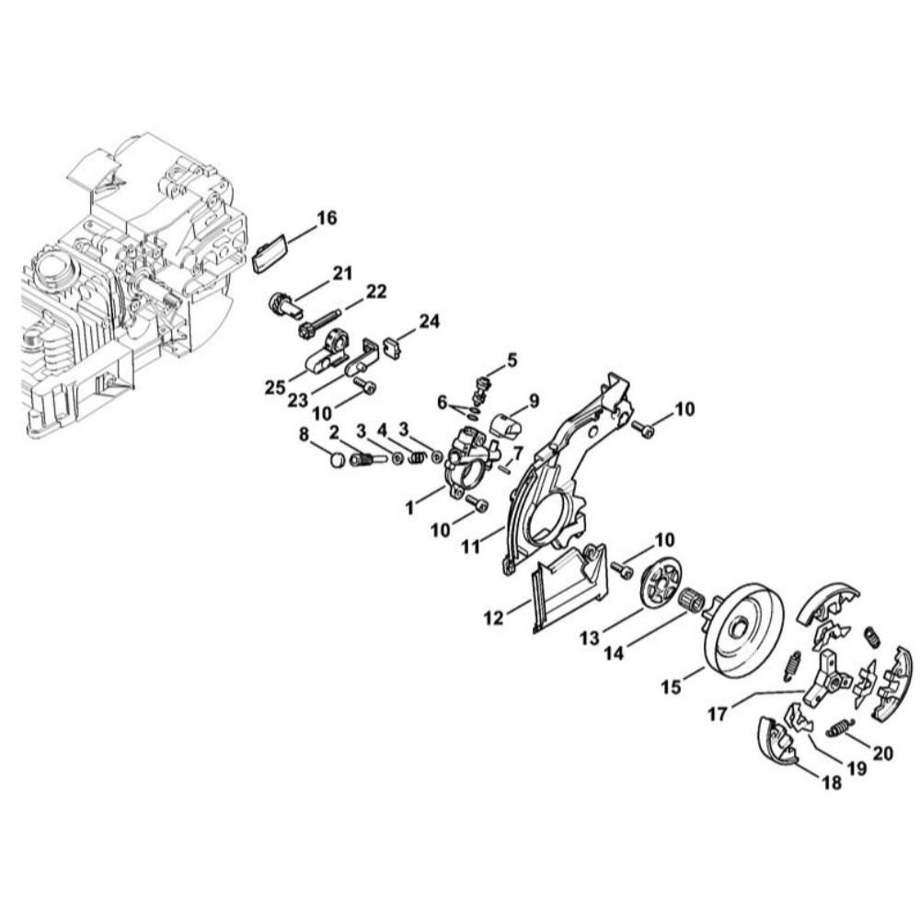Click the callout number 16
327,218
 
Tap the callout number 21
342,273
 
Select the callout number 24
429,321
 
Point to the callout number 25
275,388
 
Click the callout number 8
304,435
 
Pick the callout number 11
470,546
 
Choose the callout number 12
493,618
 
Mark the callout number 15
672,686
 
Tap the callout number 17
718,714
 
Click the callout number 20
883,753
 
